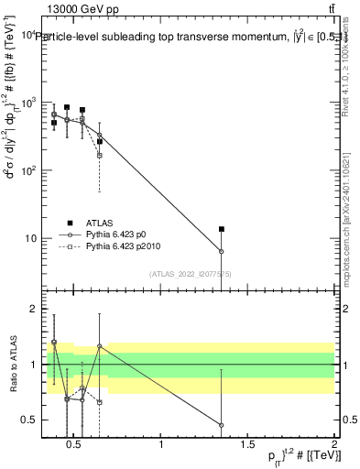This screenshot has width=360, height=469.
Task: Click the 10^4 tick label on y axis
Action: (26, 35)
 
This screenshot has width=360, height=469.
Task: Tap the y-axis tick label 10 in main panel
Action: (29, 238)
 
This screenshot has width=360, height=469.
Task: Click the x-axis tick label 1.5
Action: (247, 445)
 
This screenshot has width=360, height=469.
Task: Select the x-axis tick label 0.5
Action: (74, 445)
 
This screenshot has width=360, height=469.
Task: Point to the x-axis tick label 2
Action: (334, 445)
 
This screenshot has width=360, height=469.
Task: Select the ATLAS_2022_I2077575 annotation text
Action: (190, 274)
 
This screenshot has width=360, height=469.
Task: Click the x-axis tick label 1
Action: (161, 445)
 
